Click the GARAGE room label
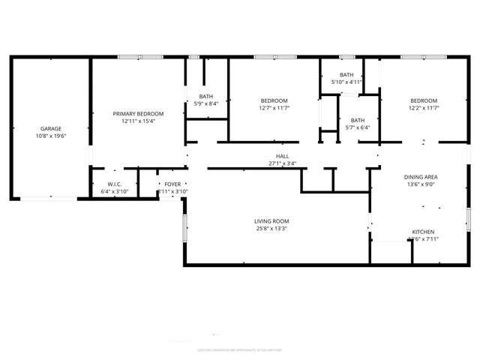click(x=51, y=128)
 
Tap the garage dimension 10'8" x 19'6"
click(x=51, y=136)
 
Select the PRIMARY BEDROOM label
click(x=138, y=113)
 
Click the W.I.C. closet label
click(x=115, y=184)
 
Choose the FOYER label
click(x=172, y=184)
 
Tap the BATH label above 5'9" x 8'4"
click(x=205, y=96)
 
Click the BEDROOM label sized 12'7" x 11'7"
click(x=274, y=100)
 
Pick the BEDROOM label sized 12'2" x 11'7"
click(x=423, y=100)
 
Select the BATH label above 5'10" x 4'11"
click(x=346, y=74)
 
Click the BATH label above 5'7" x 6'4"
click(x=358, y=120)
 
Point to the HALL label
click(x=282, y=156)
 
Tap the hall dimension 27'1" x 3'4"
click(x=282, y=163)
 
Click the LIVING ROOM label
click(x=271, y=220)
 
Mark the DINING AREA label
click(x=421, y=177)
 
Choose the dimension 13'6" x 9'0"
click(x=421, y=184)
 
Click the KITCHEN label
click(x=423, y=232)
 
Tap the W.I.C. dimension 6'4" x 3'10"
click(x=115, y=191)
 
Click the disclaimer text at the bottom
click(x=240, y=349)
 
